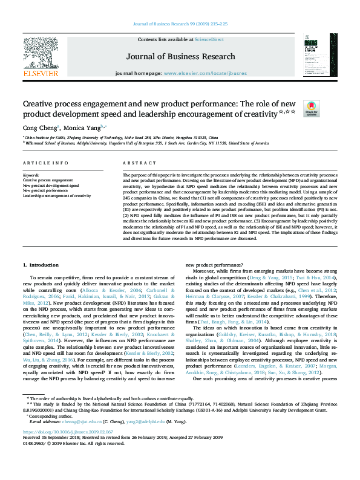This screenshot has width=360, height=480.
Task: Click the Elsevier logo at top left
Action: [41, 58]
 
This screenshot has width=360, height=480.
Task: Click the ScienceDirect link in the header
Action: [209, 39]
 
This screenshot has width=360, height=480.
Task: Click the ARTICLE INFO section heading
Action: [45, 164]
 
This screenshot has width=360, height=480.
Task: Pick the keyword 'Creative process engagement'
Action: [48, 180]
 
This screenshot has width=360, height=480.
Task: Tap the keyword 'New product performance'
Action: [45, 191]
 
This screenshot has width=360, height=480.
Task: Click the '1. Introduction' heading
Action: [41, 265]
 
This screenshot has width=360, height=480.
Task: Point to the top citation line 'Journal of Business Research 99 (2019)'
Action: [180, 25]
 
